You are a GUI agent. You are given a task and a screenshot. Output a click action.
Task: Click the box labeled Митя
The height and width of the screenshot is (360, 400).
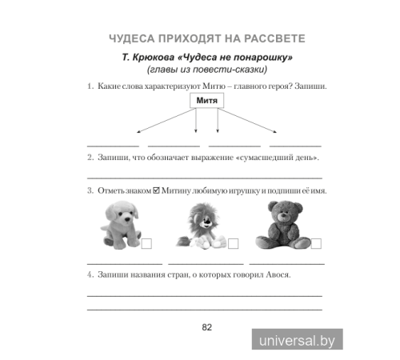(x=207, y=101)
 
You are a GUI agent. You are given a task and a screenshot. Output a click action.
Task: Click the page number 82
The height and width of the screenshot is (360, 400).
(x=206, y=326)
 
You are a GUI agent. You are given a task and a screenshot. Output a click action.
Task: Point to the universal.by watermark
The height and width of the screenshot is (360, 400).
(x=297, y=340)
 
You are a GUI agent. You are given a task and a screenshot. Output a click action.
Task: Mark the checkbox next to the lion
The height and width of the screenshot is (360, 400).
(x=234, y=243)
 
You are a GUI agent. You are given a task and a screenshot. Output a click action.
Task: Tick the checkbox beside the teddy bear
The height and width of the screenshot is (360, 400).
(x=316, y=243)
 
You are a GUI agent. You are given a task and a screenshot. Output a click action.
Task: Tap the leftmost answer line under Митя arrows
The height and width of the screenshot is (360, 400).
(x=112, y=145)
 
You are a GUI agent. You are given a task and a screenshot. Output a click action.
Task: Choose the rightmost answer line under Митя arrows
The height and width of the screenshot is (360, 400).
(x=295, y=145)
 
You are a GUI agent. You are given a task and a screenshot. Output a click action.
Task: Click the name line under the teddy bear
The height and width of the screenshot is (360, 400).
(x=287, y=263)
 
